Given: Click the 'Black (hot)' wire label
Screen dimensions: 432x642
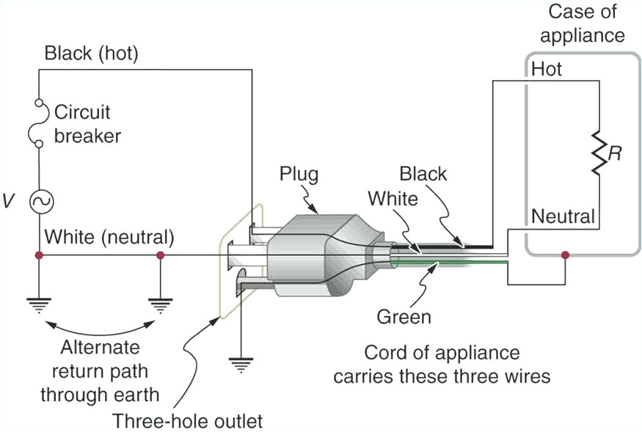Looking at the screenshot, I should coord(92,54).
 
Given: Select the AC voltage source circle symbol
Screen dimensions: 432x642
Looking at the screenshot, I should coord(37,199).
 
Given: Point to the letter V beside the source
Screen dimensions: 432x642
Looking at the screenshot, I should coord(8,200).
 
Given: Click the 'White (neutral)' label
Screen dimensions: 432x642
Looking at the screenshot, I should coord(109,237).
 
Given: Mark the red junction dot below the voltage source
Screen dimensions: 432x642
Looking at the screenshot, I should coord(37,255).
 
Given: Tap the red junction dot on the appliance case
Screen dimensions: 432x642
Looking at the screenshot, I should coord(564,255).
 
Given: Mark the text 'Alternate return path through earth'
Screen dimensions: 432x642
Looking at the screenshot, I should coord(99,370).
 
